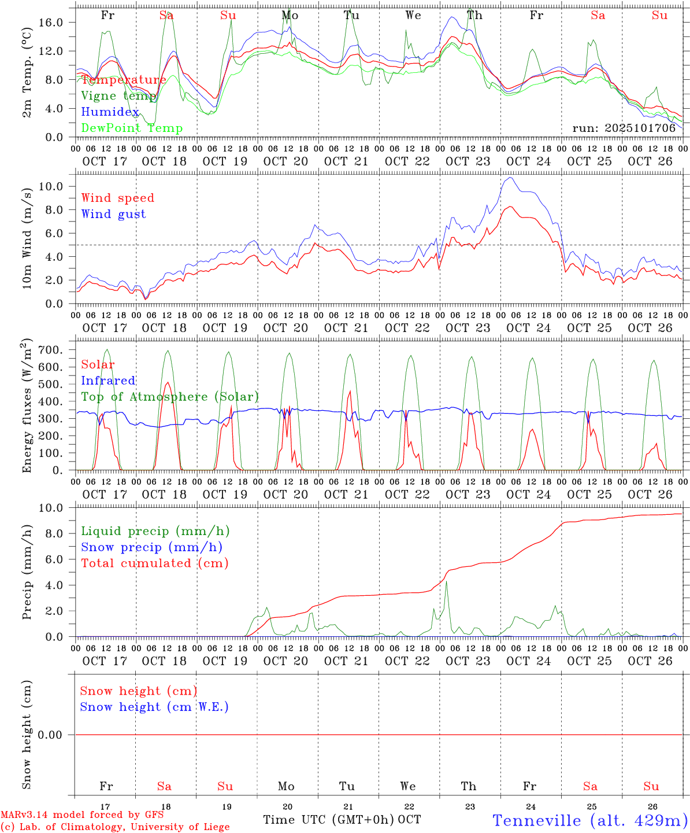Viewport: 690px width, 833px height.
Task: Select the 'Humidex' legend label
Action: pyautogui.click(x=110, y=112)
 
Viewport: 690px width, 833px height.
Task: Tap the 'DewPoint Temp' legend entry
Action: pyautogui.click(x=132, y=128)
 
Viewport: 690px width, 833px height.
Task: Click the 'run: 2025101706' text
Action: pyautogui.click(x=624, y=128)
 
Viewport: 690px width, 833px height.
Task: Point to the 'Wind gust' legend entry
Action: pyautogui.click(x=113, y=214)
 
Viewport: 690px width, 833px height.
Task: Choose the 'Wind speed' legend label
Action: pyautogui.click(x=118, y=198)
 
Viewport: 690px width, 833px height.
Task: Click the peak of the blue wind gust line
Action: pyautogui.click(x=509, y=178)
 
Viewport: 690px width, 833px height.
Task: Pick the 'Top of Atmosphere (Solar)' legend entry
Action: pyautogui.click(x=170, y=397)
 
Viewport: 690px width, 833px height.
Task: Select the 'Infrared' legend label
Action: pyautogui.click(x=108, y=381)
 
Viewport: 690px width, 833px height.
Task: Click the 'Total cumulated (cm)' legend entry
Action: pyautogui.click(x=154, y=563)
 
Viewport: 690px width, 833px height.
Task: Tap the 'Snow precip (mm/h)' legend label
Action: pyautogui.click(x=151, y=547)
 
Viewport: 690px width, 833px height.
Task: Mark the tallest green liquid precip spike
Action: pyautogui.click(x=446, y=582)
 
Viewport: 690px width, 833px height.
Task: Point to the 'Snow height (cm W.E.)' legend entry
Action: pyautogui.click(x=154, y=707)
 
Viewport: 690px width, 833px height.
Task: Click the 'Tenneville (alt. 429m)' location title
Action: pyautogui.click(x=589, y=820)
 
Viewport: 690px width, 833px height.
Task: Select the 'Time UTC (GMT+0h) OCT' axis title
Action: pyautogui.click(x=342, y=820)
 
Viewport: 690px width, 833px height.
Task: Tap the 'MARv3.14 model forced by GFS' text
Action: pyautogui.click(x=82, y=815)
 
